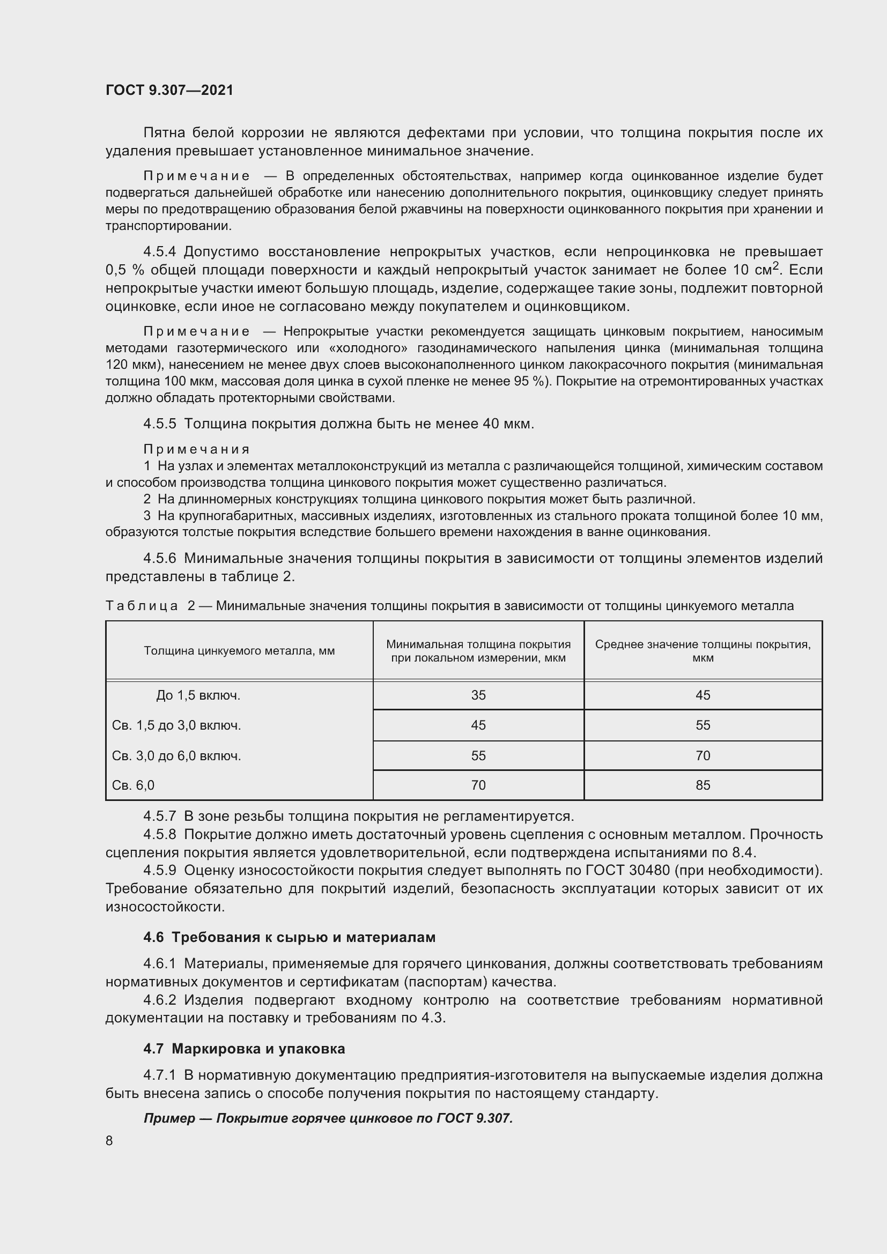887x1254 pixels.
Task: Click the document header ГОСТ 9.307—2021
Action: pyautogui.click(x=169, y=90)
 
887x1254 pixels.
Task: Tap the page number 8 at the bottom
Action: pyautogui.click(x=109, y=1140)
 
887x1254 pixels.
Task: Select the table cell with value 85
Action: pyautogui.click(x=703, y=785)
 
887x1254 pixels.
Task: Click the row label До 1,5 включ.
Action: pyautogui.click(x=198, y=695)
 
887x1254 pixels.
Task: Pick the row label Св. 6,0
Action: pyautogui.click(x=134, y=785)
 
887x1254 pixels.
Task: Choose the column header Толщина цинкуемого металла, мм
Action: pyautogui.click(x=239, y=650)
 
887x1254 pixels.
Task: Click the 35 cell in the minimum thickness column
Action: pyautogui.click(x=478, y=695)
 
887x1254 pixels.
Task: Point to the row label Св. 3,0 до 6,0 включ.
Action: pyautogui.click(x=176, y=755)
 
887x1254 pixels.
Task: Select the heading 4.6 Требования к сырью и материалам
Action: pyautogui.click(x=290, y=937)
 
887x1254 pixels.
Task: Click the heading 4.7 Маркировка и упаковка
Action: pyautogui.click(x=244, y=1049)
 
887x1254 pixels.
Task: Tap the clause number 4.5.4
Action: pyautogui.click(x=159, y=252)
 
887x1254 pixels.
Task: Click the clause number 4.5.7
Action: pyautogui.click(x=159, y=816)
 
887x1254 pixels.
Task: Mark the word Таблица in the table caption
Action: pyautogui.click(x=142, y=606)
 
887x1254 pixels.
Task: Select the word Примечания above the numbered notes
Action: pyautogui.click(x=197, y=449)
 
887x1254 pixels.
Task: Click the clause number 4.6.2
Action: pyautogui.click(x=159, y=1000)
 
